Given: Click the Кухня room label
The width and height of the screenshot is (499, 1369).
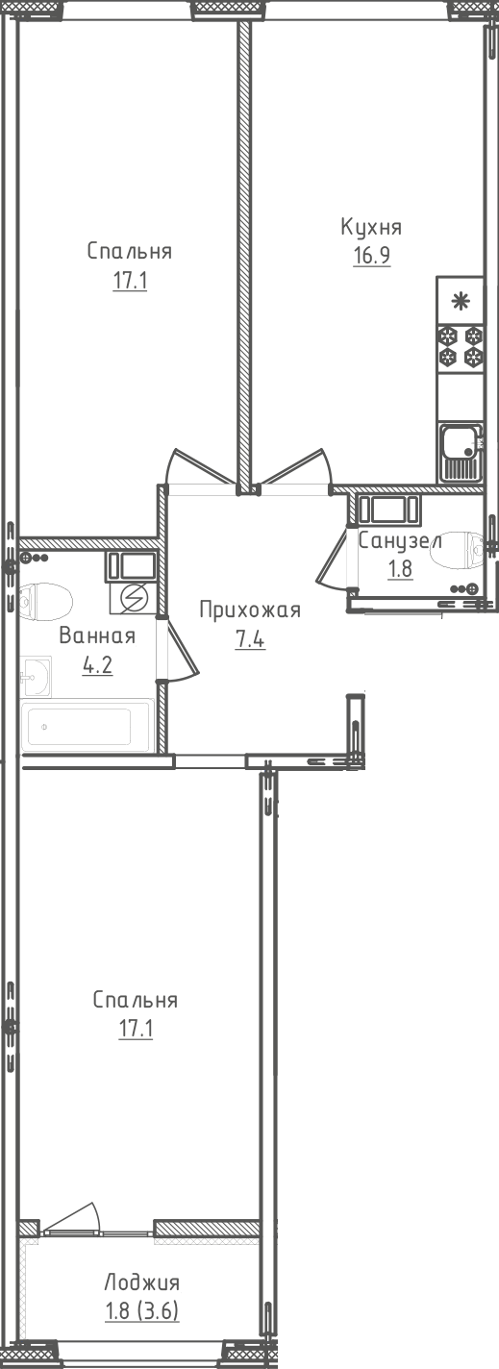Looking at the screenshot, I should coord(370,227).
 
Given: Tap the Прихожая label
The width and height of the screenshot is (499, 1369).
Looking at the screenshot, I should coord(250,610).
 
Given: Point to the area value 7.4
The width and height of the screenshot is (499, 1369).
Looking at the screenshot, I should coord(250,639).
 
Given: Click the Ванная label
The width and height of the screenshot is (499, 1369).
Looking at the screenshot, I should coord(97,635).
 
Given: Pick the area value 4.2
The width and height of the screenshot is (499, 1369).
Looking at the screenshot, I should coord(97,665).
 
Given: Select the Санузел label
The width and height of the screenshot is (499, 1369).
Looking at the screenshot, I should coord(399,539).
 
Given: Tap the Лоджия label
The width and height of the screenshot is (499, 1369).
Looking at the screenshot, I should coord(141,1282).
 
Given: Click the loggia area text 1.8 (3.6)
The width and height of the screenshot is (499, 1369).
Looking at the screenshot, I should coord(141,1310).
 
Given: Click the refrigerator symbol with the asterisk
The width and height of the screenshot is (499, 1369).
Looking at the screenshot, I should coord(461,301).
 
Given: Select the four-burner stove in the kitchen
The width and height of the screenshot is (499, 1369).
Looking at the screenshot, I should coord(461,347).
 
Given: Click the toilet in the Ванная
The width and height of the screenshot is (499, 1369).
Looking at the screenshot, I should coord(46,604).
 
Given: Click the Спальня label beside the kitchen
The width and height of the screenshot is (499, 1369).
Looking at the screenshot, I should coord(129,251).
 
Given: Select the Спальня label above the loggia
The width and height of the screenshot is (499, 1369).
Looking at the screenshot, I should coord(135,1000).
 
